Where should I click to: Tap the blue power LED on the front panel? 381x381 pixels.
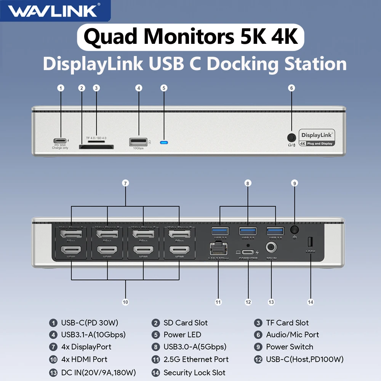pyautogui.click(x=164, y=143)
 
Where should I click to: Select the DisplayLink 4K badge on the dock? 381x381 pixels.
pyautogui.click(x=317, y=138)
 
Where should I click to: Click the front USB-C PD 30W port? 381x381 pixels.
pyautogui.click(x=60, y=140)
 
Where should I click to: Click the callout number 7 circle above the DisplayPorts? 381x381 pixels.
pyautogui.click(x=125, y=183)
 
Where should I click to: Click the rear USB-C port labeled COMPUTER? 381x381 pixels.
pyautogui.click(x=248, y=252)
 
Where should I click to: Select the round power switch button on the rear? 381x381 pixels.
pyautogui.click(x=294, y=230)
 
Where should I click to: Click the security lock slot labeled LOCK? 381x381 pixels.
pyautogui.click(x=310, y=242)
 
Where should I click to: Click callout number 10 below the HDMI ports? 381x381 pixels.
pyautogui.click(x=125, y=302)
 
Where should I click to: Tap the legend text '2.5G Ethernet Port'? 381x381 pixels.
pyautogui.click(x=196, y=359)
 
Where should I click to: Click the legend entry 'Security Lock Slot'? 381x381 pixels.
pyautogui.click(x=194, y=373)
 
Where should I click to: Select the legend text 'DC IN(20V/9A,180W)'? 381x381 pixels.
pyautogui.click(x=98, y=373)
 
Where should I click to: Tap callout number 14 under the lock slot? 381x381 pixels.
pyautogui.click(x=310, y=302)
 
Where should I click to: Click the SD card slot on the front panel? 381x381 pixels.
pyautogui.click(x=96, y=146)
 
